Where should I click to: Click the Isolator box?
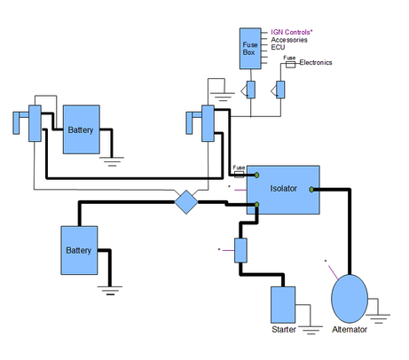(283, 190)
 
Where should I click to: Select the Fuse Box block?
(250, 49)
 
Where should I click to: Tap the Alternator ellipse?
(350, 299)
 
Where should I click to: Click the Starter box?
(283, 305)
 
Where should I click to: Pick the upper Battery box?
(82, 129)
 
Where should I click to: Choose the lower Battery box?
(79, 250)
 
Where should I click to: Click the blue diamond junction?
(186, 202)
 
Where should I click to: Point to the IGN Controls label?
(292, 32)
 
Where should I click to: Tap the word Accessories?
(289, 40)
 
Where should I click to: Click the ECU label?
(278, 47)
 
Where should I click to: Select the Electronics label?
(316, 62)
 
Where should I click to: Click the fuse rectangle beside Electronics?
(290, 65)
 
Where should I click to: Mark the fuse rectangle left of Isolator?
(239, 175)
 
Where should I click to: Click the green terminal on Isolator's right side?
(311, 190)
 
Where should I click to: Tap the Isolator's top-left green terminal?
(256, 176)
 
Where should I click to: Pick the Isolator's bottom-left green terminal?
(256, 205)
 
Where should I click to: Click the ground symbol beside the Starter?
(311, 330)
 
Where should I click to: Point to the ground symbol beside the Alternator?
(378, 318)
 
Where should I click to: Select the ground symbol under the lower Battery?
(110, 291)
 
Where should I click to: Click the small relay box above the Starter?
(240, 250)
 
